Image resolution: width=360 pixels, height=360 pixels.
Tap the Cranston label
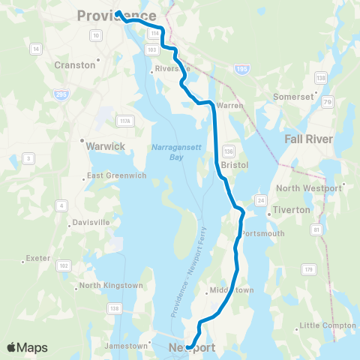[x=75, y=65]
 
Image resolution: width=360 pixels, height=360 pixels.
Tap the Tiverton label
[x=292, y=210]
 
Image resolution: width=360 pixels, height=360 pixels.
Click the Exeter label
[x=37, y=258]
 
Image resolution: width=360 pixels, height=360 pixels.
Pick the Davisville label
[x=91, y=223]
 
